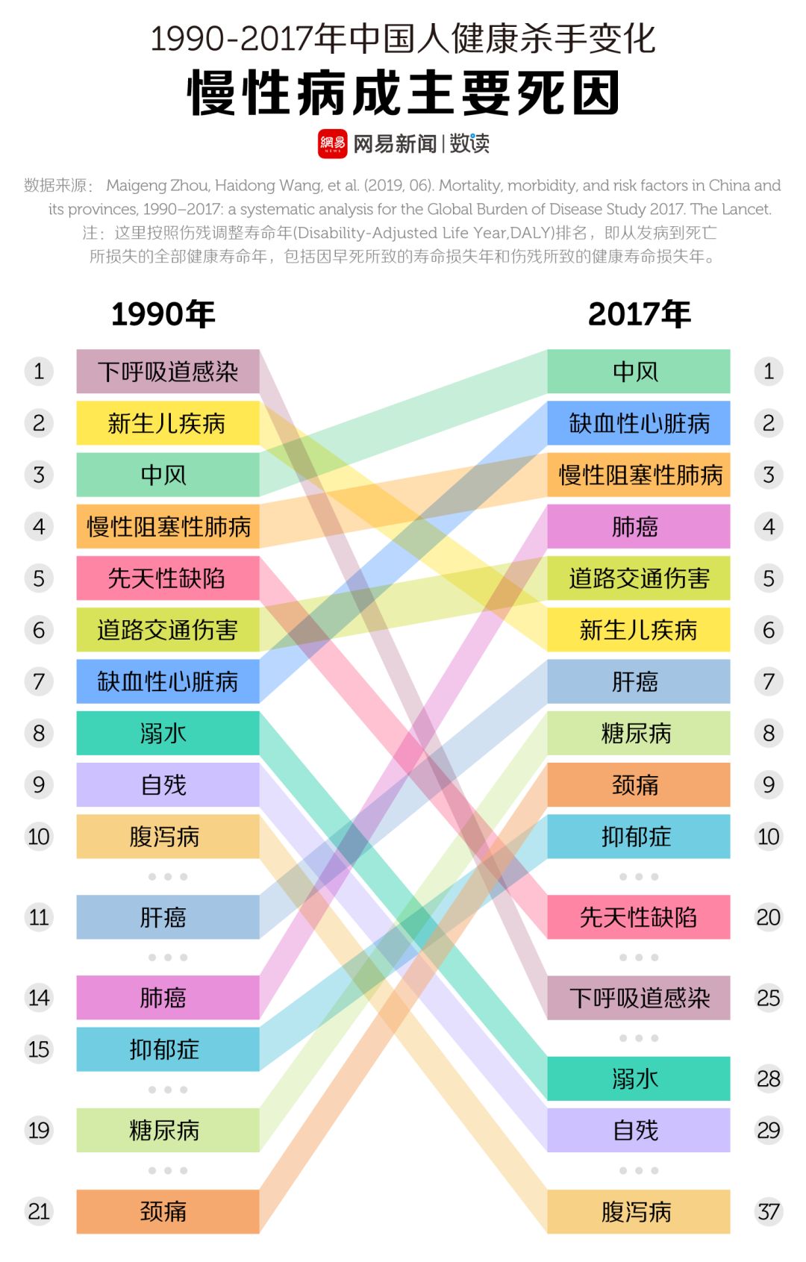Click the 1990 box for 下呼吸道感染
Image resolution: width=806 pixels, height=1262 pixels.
(x=168, y=372)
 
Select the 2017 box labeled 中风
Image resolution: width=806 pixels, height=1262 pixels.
(x=638, y=372)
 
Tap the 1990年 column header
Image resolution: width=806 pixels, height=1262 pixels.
(x=163, y=314)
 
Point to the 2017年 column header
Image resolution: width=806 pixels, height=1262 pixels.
(x=639, y=314)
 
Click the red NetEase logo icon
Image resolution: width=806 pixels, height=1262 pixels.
(x=332, y=143)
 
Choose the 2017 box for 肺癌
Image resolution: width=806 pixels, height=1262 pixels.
(x=638, y=527)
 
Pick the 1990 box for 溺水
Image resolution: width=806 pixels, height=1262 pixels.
(x=168, y=733)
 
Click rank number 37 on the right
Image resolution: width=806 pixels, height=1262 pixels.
(x=769, y=1211)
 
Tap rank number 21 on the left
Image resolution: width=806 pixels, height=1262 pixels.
(x=39, y=1211)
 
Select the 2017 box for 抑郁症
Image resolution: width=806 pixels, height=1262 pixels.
(x=638, y=837)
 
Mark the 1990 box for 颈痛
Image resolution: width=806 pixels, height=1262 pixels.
(x=168, y=1211)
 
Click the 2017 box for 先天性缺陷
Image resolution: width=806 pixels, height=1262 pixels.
(x=638, y=917)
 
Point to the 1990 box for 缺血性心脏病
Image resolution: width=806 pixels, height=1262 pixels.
(x=168, y=681)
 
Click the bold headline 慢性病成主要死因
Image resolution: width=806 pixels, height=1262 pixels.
(x=403, y=93)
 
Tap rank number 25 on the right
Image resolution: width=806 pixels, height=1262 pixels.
(x=769, y=998)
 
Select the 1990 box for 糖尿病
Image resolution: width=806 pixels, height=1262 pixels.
(x=168, y=1130)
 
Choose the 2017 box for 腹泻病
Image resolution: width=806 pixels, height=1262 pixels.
(x=638, y=1211)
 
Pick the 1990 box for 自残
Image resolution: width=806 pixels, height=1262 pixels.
(x=168, y=785)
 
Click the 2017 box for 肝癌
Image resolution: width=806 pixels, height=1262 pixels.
(x=638, y=681)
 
